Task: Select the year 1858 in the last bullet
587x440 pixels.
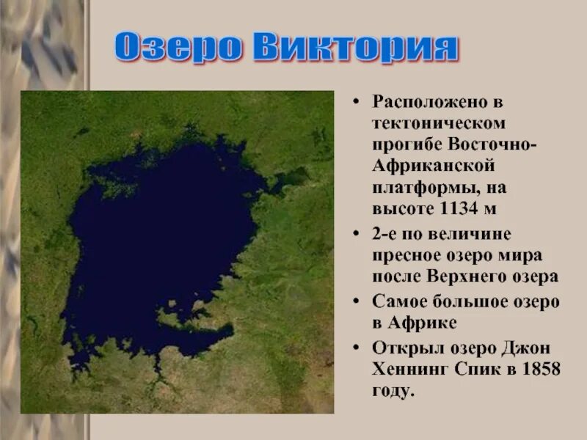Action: (541, 369)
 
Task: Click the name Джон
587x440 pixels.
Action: (534, 347)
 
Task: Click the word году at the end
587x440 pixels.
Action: (392, 391)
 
